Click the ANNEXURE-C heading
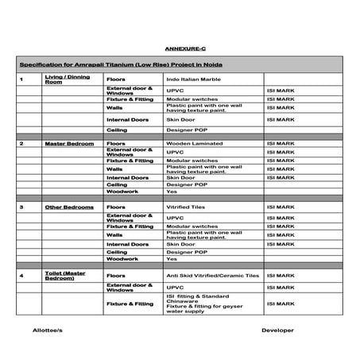pos(179,48)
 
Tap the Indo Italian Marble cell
pos(193,79)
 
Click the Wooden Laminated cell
pos(194,144)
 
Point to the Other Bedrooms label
pos(68,207)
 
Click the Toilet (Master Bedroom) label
pos(64,275)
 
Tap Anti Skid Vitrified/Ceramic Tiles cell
pos(212,276)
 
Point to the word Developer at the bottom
pos(277,330)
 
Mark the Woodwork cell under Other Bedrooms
pos(122,258)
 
